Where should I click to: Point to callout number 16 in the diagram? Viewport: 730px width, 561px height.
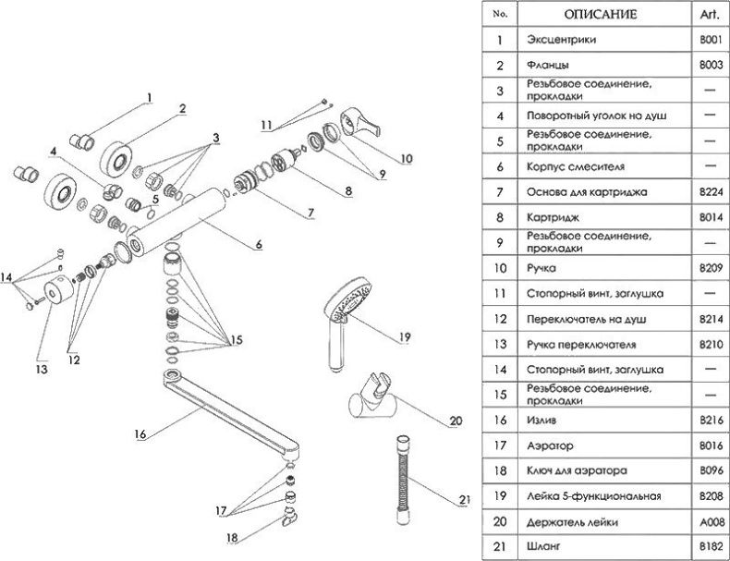(x=140, y=432)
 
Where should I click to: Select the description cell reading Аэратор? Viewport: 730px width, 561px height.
(x=549, y=445)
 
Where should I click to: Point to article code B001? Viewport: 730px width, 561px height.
(x=710, y=41)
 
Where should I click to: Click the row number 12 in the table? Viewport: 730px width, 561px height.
(x=500, y=319)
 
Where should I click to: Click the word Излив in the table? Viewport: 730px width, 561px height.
(x=543, y=421)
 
